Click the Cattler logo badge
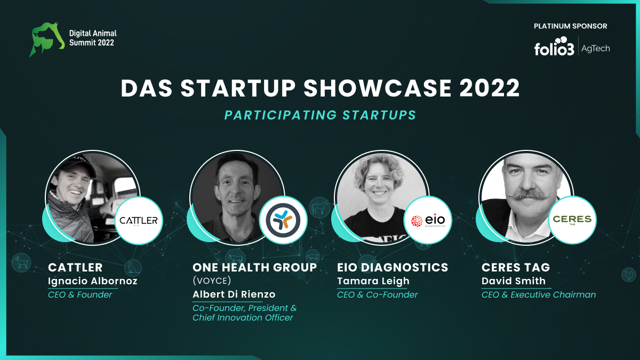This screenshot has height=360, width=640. coord(139,220)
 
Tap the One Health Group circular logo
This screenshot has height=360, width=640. coord(283,220)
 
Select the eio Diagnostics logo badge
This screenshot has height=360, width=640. coord(428,220)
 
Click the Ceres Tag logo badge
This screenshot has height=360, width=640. coord(572,220)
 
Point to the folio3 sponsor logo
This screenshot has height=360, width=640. coord(554,46)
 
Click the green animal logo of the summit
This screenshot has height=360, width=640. coord(47,39)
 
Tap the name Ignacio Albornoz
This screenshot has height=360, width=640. coord(93,281)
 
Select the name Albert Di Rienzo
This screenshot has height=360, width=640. coord(234,294)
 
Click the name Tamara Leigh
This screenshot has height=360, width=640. coord(373,281)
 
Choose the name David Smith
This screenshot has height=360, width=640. coord(514,281)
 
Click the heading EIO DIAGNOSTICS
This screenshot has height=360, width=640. coord(393,267)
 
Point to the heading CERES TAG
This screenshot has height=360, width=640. coord(516,267)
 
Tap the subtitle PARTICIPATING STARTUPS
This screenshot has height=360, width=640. coord(320,115)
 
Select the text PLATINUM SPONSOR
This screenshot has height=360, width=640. coord(570,26)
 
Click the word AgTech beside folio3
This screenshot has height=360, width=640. coord(595,49)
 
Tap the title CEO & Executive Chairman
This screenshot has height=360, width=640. coord(539,294)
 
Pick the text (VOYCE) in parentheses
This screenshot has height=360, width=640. coord(212,281)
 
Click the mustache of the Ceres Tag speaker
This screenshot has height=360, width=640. coord(529,195)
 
